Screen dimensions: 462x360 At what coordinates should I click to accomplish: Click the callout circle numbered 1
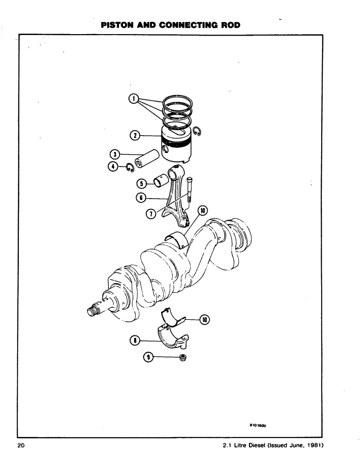click(x=133, y=98)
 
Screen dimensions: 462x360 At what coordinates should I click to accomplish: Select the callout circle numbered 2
click(x=134, y=135)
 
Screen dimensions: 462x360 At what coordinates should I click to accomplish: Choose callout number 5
click(x=143, y=183)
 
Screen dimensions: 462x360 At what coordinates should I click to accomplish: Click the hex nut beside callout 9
click(x=183, y=357)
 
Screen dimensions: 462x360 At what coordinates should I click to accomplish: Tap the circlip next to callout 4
click(x=130, y=167)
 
